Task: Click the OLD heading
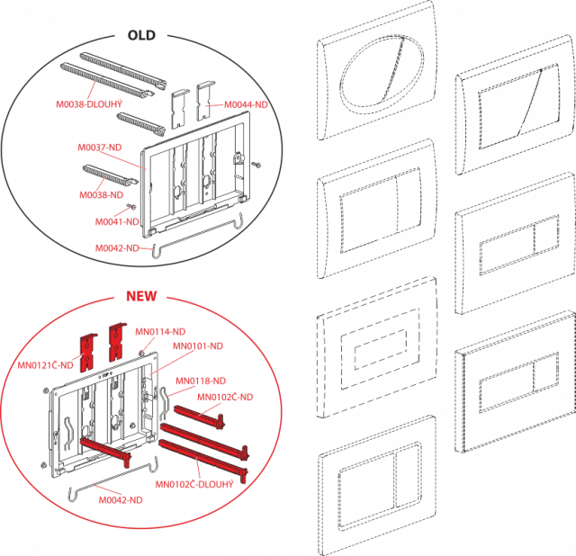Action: (x=141, y=35)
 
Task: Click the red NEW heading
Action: (x=141, y=296)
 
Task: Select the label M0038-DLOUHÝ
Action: (x=89, y=104)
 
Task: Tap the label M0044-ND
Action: (x=246, y=104)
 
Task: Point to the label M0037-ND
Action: (x=100, y=148)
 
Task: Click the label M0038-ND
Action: (x=102, y=195)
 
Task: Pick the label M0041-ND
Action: (x=117, y=222)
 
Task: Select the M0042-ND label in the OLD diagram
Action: (x=117, y=248)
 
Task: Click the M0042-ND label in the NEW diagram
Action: (x=121, y=500)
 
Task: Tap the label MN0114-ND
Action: (x=160, y=332)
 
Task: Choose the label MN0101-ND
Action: (x=198, y=346)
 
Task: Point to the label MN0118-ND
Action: (x=201, y=381)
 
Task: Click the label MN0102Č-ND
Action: (x=225, y=397)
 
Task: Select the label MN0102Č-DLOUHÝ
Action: (x=194, y=484)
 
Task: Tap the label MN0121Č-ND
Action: (x=46, y=365)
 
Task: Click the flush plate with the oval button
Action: (x=377, y=70)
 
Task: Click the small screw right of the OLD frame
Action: (x=256, y=164)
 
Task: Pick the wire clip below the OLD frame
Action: (x=198, y=235)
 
